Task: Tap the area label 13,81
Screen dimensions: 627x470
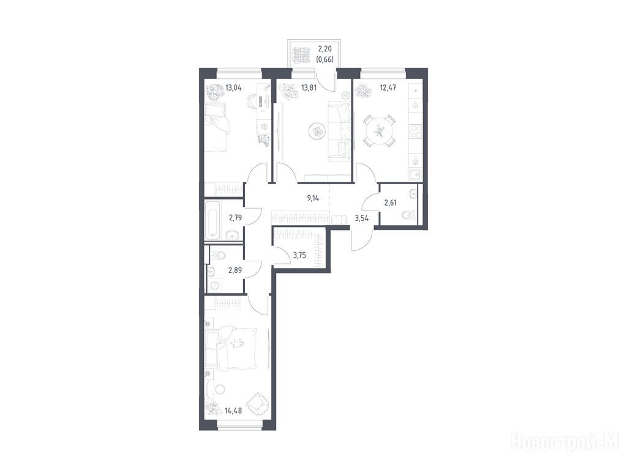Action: click(x=309, y=87)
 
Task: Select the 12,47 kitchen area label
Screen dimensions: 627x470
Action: click(x=388, y=87)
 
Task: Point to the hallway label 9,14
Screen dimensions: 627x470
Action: click(x=313, y=198)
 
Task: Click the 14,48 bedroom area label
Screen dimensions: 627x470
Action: click(x=233, y=411)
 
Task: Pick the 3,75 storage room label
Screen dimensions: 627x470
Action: click(x=299, y=255)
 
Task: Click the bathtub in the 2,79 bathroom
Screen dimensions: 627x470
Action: click(x=211, y=220)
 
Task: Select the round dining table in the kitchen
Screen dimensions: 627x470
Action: click(x=378, y=131)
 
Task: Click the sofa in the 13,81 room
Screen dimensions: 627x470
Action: click(x=340, y=131)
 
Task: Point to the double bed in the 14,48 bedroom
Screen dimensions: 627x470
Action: click(x=230, y=346)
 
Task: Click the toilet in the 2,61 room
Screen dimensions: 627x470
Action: click(x=408, y=215)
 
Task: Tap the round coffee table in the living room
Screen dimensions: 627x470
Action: click(x=318, y=131)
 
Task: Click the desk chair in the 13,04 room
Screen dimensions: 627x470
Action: click(x=253, y=101)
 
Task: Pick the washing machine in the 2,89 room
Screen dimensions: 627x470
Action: click(x=214, y=285)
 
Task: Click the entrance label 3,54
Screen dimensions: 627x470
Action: click(x=361, y=218)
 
